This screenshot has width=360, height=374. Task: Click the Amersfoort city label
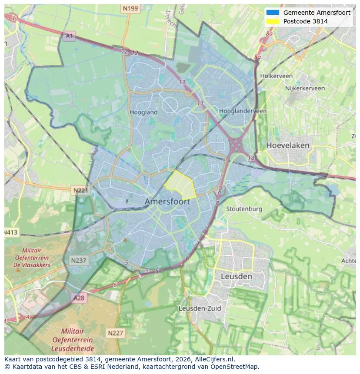tap(167, 202)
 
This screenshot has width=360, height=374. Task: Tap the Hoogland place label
tap(143, 112)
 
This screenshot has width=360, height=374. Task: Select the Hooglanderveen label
tap(243, 111)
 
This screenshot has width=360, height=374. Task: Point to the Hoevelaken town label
tap(288, 145)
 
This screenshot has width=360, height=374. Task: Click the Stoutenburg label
tap(244, 209)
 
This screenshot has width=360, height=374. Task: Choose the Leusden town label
tap(236, 276)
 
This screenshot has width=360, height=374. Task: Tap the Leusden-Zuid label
tap(200, 308)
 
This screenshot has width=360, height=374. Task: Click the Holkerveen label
tap(276, 76)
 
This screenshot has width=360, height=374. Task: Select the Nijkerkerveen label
tap(305, 88)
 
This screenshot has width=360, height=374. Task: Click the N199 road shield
tap(130, 8)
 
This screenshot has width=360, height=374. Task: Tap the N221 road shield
tap(80, 190)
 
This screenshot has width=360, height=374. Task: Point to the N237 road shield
tap(79, 260)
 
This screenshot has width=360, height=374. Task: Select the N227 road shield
tap(115, 333)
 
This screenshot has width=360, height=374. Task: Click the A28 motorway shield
tap(79, 298)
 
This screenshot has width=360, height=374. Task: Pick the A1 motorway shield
tap(69, 36)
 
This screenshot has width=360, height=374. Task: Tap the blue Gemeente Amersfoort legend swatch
tap(273, 13)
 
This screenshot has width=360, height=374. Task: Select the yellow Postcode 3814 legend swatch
tap(273, 21)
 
